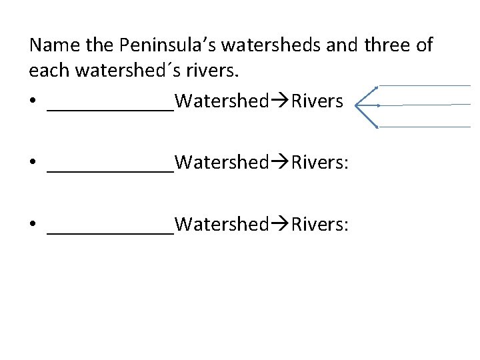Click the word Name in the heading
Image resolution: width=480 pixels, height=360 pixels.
[x=51, y=46]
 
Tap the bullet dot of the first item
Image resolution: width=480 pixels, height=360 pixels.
[x=33, y=102]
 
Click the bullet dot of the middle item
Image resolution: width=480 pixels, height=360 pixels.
[x=33, y=163]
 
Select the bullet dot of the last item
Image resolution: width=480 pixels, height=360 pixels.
[x=33, y=225]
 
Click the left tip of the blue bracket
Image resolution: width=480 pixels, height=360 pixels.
[x=357, y=105]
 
